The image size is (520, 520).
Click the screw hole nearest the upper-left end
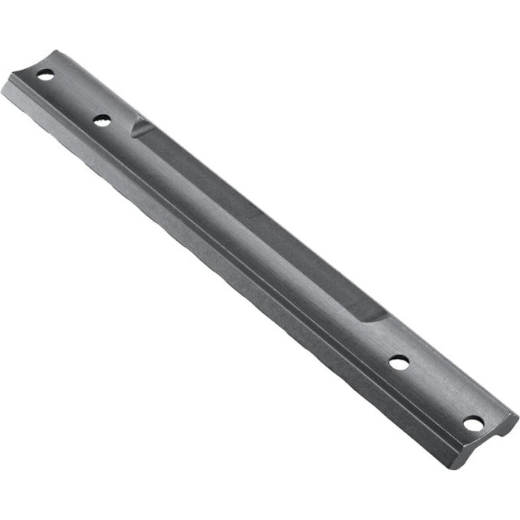[45, 74]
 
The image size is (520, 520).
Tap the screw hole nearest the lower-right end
[473, 423]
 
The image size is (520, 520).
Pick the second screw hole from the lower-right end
[399, 362]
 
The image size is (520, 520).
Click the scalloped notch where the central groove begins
[140, 125]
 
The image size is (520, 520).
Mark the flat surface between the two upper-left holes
[74, 97]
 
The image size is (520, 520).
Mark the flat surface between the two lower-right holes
[436, 392]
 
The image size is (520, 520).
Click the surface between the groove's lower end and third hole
[383, 337]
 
